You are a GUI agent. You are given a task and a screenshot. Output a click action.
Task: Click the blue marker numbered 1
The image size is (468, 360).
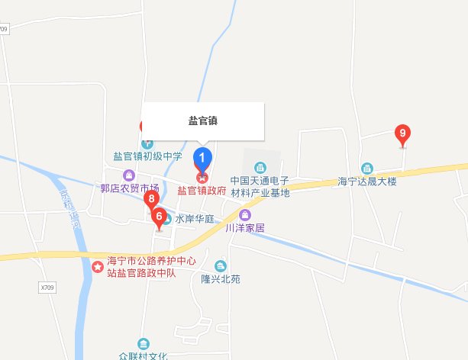click(202, 158)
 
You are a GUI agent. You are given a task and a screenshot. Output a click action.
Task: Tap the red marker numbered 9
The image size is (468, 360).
click(403, 134)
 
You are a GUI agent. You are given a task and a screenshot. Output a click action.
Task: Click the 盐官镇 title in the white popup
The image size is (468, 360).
click(203, 121)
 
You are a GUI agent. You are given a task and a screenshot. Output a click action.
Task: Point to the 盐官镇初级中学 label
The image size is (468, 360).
click(147, 156)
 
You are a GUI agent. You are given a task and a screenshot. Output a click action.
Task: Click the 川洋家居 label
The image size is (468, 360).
click(244, 227)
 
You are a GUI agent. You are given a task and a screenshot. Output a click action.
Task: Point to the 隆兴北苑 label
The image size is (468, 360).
click(221, 279)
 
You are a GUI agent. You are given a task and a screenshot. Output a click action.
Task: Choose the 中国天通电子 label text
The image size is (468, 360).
click(260, 182)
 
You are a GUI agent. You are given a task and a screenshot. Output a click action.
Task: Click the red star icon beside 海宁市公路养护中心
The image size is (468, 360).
click(98, 267)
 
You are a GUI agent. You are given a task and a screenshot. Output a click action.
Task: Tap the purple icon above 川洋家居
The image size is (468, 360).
click(244, 214)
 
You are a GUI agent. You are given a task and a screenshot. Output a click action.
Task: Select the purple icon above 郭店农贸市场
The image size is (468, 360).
click(128, 175)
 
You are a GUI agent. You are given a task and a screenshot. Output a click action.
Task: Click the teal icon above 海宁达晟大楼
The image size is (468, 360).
click(367, 169)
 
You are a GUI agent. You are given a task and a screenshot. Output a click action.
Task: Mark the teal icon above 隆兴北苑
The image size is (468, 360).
click(221, 265)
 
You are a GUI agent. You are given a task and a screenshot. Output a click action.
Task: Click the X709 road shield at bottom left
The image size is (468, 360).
click(47, 288)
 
